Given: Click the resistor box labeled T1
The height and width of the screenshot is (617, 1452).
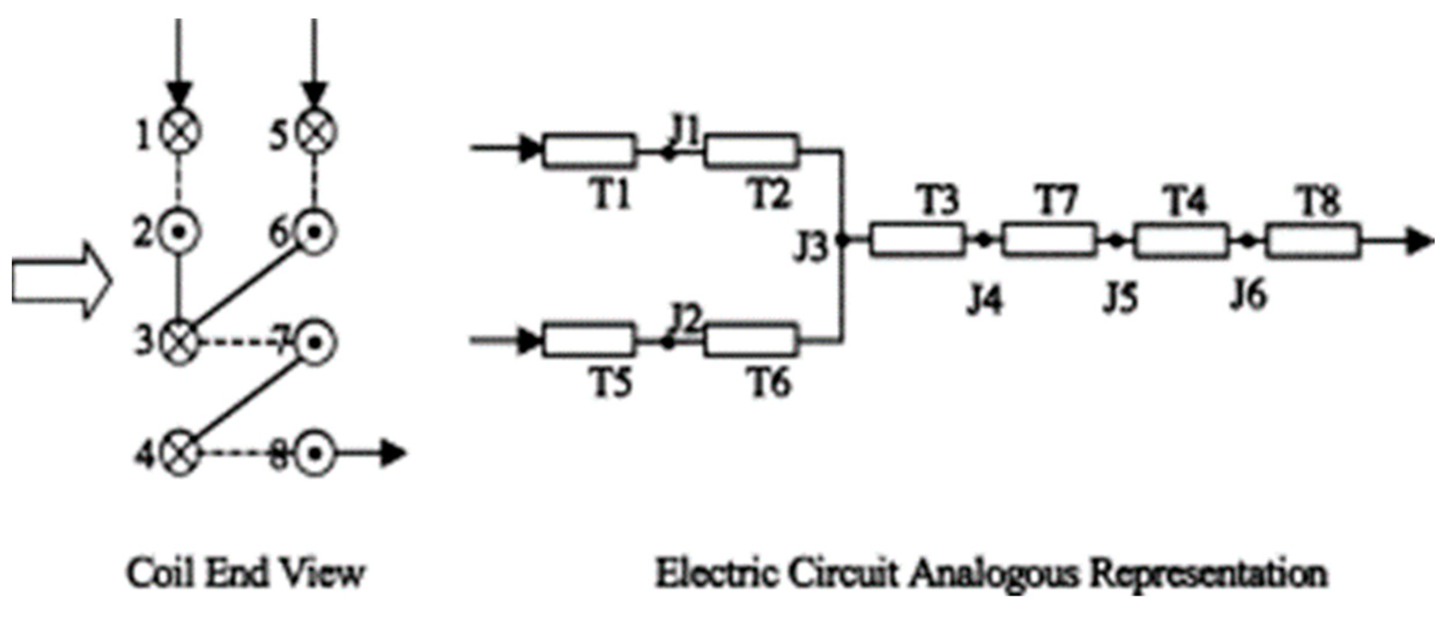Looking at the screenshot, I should click(589, 151).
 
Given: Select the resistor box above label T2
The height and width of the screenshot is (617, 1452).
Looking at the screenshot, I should click(751, 151).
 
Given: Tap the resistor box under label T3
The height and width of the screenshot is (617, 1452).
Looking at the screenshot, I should click(917, 240).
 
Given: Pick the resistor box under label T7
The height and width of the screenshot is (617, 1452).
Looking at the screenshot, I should click(1049, 240).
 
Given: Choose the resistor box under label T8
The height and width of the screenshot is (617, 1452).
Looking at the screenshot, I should click(1313, 241).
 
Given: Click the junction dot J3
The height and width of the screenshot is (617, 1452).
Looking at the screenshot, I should click(843, 240).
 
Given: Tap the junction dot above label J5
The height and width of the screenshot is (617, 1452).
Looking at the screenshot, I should click(1117, 241).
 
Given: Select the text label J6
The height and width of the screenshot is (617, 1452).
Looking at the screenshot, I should click(1248, 296).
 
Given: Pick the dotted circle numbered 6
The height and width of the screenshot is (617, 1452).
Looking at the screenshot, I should click(315, 232).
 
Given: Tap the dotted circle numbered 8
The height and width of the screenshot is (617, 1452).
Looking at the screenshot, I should click(315, 454).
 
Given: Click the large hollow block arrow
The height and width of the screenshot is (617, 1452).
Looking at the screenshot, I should click(61, 281).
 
